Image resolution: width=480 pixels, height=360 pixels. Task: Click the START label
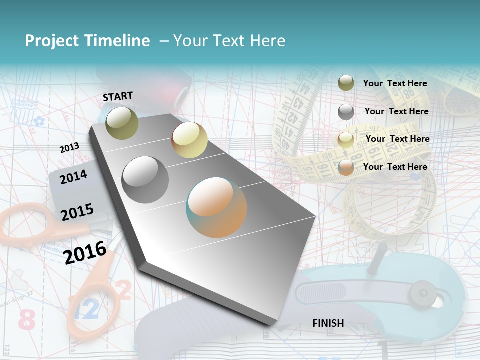click(x=118, y=96)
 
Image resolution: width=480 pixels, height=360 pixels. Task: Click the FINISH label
click(x=328, y=323)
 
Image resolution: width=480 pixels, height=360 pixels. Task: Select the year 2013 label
click(x=70, y=148)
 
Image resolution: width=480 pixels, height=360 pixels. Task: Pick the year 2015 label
click(x=77, y=212)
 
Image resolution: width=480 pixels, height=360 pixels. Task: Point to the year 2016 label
click(x=85, y=252)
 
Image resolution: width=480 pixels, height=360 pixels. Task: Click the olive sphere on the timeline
click(x=122, y=123)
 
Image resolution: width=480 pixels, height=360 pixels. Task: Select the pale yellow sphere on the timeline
click(x=189, y=140)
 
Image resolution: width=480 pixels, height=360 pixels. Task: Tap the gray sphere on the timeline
click(x=145, y=180)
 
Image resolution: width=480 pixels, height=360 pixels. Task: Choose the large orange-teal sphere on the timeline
click(x=216, y=207)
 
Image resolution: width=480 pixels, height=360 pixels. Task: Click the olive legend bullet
click(x=346, y=83)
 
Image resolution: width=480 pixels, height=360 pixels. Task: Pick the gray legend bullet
click(x=346, y=112)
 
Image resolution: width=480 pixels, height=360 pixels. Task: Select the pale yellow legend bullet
click(x=346, y=140)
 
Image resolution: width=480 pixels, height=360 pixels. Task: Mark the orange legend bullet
click(x=346, y=167)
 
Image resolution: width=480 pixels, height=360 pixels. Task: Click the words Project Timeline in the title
click(x=87, y=41)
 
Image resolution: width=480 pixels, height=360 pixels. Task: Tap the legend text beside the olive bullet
click(x=395, y=83)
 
